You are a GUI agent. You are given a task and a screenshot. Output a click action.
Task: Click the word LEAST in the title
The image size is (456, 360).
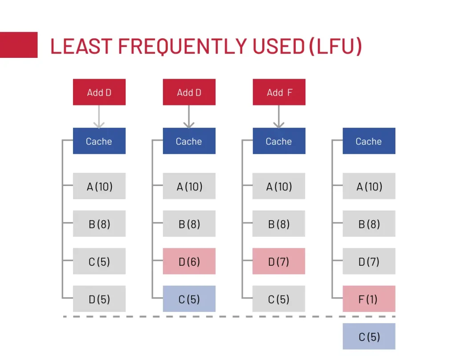tap(81, 46)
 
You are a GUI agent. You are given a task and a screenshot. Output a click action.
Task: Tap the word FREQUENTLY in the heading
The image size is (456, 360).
tap(183, 46)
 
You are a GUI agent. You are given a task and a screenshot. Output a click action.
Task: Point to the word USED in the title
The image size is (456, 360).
tap(279, 46)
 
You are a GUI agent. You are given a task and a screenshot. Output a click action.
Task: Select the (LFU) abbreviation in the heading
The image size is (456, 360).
tap(336, 46)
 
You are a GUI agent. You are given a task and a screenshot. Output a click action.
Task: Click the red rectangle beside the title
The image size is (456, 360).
tap(19, 45)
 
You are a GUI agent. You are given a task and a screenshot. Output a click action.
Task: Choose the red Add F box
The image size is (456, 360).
tap(279, 92)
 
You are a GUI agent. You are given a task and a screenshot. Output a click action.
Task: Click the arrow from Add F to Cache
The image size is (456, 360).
tap(279, 117)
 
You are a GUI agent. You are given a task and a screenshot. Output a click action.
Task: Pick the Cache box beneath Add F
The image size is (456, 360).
tap(279, 141)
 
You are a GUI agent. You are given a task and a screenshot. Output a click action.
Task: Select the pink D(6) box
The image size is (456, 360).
tap(189, 261)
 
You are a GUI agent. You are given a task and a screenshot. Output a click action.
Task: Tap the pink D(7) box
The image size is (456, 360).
tap(279, 261)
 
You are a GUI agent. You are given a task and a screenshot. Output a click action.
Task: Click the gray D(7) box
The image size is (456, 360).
tap(369, 261)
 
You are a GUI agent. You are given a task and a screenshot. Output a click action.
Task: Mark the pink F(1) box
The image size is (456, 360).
tap(369, 299)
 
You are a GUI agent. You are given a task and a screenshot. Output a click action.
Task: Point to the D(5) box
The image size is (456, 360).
tap(99, 299)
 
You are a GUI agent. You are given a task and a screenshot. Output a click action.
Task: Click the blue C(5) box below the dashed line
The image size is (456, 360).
tap(369, 336)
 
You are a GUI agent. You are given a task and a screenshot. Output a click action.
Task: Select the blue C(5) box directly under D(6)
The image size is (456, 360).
tap(189, 299)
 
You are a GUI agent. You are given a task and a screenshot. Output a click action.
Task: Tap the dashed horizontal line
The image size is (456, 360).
tap(229, 316)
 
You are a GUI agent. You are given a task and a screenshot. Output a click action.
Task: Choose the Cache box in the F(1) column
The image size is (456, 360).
tap(369, 141)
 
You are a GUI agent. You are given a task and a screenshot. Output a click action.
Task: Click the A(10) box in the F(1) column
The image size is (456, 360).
tap(369, 186)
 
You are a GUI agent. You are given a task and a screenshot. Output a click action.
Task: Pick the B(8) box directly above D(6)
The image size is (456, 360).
tap(189, 224)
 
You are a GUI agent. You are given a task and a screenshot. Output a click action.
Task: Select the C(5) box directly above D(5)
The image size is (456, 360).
tap(99, 261)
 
